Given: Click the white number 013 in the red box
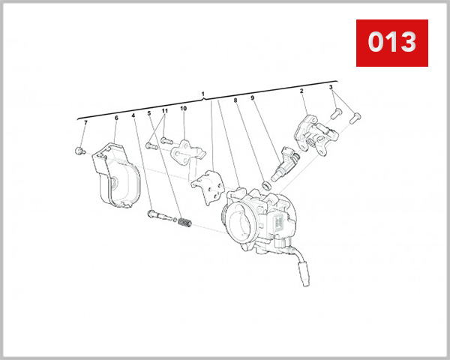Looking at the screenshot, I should (x=391, y=42).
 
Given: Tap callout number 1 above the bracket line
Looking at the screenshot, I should (x=203, y=94).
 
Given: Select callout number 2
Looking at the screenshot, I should (x=301, y=91).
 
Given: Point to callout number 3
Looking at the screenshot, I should (x=331, y=88).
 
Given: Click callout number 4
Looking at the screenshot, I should (x=133, y=115).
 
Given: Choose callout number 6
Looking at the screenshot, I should (x=116, y=118).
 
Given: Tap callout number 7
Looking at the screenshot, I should (x=85, y=122).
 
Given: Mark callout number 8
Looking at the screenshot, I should (x=235, y=100).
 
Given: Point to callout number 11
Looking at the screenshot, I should (x=165, y=111).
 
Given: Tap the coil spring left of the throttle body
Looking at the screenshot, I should (x=187, y=223).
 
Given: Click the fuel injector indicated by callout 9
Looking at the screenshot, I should (x=289, y=160).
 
